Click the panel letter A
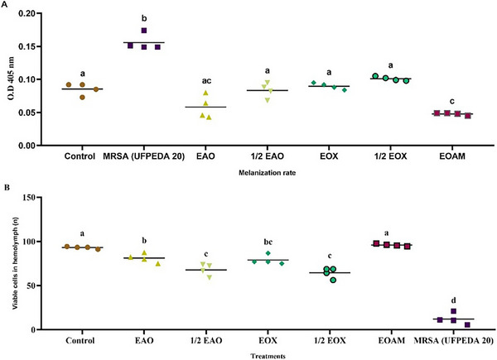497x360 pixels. tap(6, 5)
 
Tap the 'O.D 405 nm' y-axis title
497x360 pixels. tap(11, 79)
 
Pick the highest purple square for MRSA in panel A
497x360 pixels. tap(144, 31)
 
